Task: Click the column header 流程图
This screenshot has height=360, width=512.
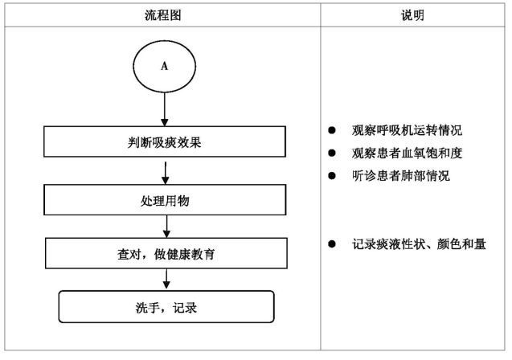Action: tap(162, 15)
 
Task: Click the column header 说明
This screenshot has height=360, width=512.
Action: tap(412, 15)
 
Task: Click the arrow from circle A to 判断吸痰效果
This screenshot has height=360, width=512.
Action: tap(165, 109)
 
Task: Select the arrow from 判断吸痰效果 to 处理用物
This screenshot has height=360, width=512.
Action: tap(166, 173)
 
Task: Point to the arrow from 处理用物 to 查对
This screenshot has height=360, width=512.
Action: tap(166, 227)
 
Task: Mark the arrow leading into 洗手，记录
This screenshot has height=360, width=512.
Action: tap(166, 280)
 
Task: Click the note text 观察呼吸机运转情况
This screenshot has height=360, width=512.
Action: tap(407, 130)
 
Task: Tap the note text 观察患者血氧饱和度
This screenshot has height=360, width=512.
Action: tap(407, 153)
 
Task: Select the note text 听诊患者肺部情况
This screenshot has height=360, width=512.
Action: tap(400, 176)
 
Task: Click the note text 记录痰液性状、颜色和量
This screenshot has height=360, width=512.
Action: tap(419, 243)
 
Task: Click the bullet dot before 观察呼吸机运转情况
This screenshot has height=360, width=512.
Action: tap(332, 130)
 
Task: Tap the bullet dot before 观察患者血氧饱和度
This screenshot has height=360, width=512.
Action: tap(332, 153)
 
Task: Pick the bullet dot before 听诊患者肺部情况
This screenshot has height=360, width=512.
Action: tap(332, 176)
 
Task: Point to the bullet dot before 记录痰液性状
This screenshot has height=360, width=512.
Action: tap(332, 243)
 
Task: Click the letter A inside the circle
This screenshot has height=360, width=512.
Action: tap(164, 66)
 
